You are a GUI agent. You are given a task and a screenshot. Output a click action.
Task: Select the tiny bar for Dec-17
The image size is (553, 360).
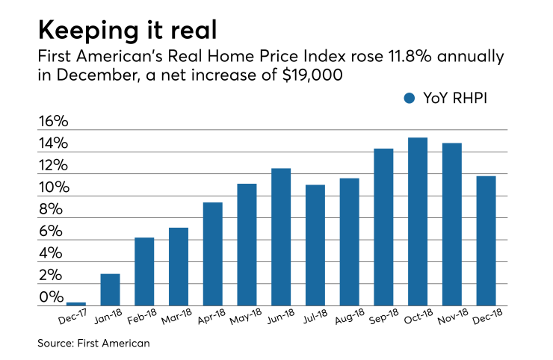76,303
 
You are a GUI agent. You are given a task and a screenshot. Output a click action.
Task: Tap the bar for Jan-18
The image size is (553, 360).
111,290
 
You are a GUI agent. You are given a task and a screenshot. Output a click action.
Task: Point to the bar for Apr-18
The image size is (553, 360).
213,254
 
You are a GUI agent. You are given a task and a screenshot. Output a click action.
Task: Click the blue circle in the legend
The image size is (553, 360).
409,99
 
